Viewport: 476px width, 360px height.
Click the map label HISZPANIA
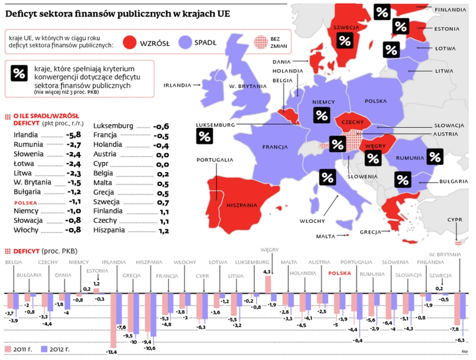[241, 205]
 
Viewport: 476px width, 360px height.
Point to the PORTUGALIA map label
[215, 160]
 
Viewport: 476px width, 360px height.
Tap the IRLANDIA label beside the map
[178, 85]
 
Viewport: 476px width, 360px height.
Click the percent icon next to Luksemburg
[205, 135]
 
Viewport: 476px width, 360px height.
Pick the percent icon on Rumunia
[435, 156]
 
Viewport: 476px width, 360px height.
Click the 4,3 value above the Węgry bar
[267, 271]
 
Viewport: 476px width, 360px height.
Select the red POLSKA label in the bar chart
[339, 274]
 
